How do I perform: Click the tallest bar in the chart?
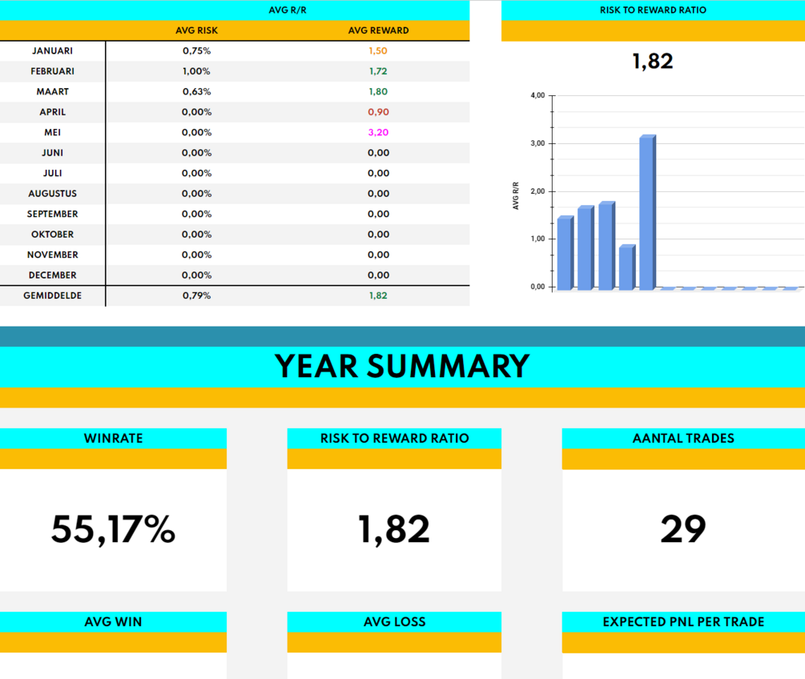[x=647, y=213]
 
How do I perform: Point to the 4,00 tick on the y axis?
[x=537, y=95]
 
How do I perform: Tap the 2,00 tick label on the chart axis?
[x=537, y=191]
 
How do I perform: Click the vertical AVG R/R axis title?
[x=517, y=195]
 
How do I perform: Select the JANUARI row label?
[x=52, y=50]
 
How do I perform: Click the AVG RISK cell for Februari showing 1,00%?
[x=196, y=71]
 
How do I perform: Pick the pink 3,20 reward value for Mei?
[x=378, y=132]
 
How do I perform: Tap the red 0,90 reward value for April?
[x=378, y=112]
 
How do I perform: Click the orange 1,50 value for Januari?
[x=378, y=50]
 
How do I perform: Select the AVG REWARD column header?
[x=378, y=30]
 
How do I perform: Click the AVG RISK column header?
[x=196, y=30]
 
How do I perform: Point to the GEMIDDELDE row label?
[x=52, y=295]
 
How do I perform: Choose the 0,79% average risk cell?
[x=196, y=295]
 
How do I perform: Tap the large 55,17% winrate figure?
[x=113, y=529]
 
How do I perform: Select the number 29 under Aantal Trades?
[x=683, y=529]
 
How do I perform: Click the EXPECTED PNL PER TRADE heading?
[x=683, y=621]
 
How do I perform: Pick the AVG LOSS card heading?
[x=394, y=621]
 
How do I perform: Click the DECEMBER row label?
[x=52, y=275]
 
